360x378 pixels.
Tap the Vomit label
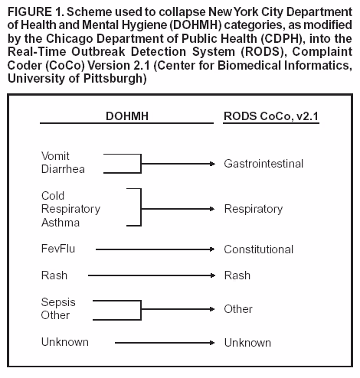click(x=55, y=156)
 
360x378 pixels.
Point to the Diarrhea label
click(x=62, y=170)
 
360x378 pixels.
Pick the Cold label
click(x=53, y=196)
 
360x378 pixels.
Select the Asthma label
click(x=60, y=223)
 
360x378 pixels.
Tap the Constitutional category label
click(x=258, y=249)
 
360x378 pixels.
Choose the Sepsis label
click(x=58, y=302)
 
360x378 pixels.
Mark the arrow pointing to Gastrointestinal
click(x=177, y=163)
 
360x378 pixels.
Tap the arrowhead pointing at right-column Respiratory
click(x=212, y=209)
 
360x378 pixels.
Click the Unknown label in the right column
click(x=247, y=342)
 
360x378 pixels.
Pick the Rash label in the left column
click(x=54, y=275)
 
